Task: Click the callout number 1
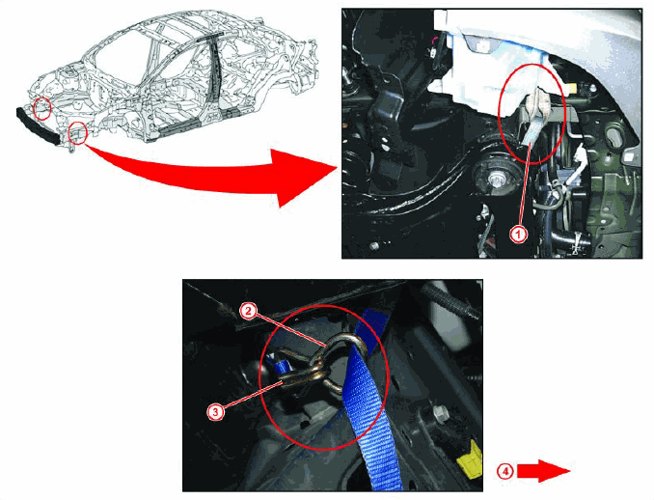[x=518, y=235]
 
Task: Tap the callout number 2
[x=248, y=311]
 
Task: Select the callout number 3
[x=216, y=412]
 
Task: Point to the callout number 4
[x=504, y=472]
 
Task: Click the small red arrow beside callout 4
[x=543, y=471]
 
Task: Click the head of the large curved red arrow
[x=305, y=178]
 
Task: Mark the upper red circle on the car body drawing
[x=42, y=108]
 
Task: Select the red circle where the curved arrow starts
[x=77, y=132]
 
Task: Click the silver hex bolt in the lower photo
[x=440, y=413]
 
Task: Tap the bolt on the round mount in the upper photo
[x=496, y=180]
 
